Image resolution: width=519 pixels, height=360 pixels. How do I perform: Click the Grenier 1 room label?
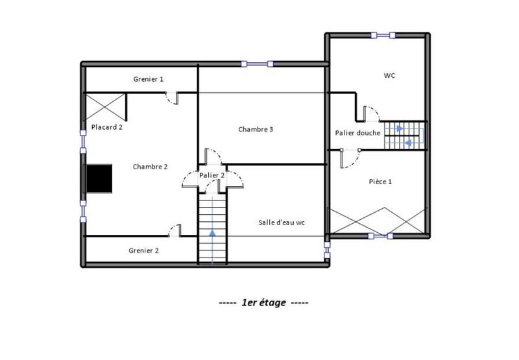[149, 78]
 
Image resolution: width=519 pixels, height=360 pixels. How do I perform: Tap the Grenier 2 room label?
[143, 250]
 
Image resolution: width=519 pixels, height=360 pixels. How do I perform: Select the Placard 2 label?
[106, 127]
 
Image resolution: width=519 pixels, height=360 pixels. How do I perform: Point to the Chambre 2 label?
[150, 167]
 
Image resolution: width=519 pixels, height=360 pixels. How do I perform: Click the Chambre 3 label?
[255, 129]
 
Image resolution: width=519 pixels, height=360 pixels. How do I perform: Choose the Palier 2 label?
[212, 175]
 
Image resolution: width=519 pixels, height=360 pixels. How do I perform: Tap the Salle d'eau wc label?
[282, 222]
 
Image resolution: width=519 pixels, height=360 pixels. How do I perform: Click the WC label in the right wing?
[389, 75]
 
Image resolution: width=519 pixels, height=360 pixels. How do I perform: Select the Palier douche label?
[357, 132]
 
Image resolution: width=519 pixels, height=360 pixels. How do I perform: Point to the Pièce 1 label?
[380, 182]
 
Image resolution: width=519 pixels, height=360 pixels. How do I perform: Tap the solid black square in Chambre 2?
[100, 178]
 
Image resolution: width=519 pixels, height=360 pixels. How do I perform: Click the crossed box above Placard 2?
[105, 106]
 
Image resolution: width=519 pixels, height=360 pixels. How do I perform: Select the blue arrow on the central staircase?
[213, 234]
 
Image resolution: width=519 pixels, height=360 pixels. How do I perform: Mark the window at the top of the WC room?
[381, 34]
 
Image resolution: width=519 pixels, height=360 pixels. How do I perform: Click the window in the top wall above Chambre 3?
[257, 64]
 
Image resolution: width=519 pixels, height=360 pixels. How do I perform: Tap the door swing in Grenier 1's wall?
[172, 97]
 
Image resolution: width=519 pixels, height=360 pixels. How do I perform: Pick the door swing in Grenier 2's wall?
[174, 230]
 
